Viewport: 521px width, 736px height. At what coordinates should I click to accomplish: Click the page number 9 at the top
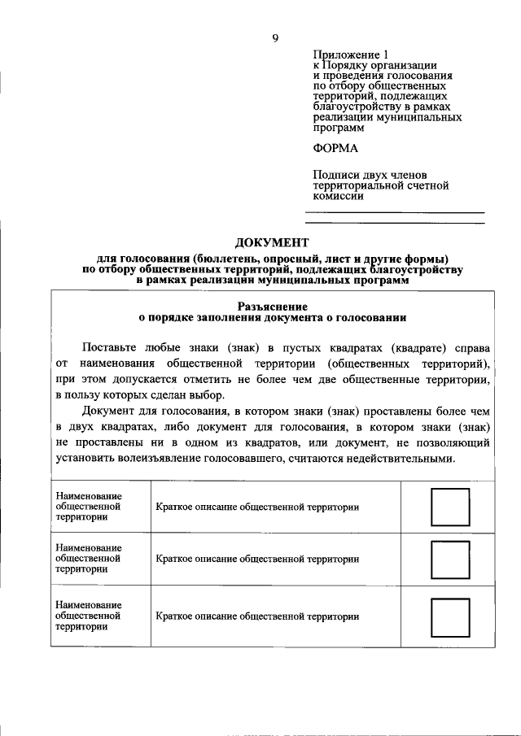(x=275, y=37)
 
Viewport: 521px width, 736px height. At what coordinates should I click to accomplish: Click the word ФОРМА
(x=335, y=148)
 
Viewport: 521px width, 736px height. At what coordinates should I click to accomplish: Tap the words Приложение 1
(x=344, y=54)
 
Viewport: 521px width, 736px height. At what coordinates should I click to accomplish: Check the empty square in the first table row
(x=449, y=507)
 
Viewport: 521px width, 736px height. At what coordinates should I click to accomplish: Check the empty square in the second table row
(x=449, y=560)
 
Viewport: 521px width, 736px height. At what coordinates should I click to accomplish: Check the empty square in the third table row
(x=449, y=616)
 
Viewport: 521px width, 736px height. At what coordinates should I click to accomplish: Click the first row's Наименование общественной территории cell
(x=89, y=507)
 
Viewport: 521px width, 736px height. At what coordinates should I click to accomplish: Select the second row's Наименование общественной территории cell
(x=89, y=560)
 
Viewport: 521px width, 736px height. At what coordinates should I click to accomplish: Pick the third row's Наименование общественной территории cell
(x=89, y=616)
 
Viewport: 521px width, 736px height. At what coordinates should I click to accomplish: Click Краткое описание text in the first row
(x=257, y=507)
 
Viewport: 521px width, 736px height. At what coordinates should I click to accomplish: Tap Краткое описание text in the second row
(x=257, y=560)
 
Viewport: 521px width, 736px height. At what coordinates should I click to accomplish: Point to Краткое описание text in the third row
(x=257, y=616)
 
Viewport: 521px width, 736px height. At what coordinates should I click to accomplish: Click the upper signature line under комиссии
(x=394, y=213)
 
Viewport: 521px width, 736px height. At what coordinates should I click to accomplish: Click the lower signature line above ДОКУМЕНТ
(x=394, y=224)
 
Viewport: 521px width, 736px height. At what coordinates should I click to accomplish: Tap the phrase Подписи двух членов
(x=370, y=175)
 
